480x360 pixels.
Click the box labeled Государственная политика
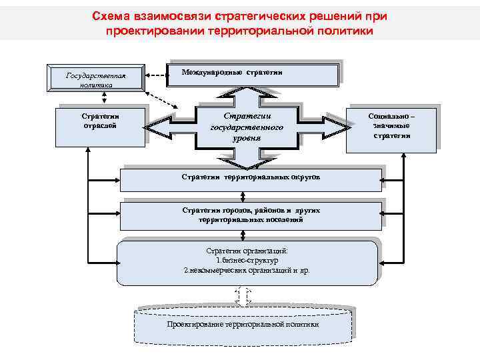click(x=95, y=77)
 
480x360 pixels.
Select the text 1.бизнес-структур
click(x=246, y=261)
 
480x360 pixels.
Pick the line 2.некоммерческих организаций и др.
click(x=246, y=271)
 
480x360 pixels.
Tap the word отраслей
click(x=101, y=126)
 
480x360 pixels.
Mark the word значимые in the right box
click(x=391, y=125)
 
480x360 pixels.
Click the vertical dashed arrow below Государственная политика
click(x=104, y=97)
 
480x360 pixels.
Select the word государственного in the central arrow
click(x=247, y=127)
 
